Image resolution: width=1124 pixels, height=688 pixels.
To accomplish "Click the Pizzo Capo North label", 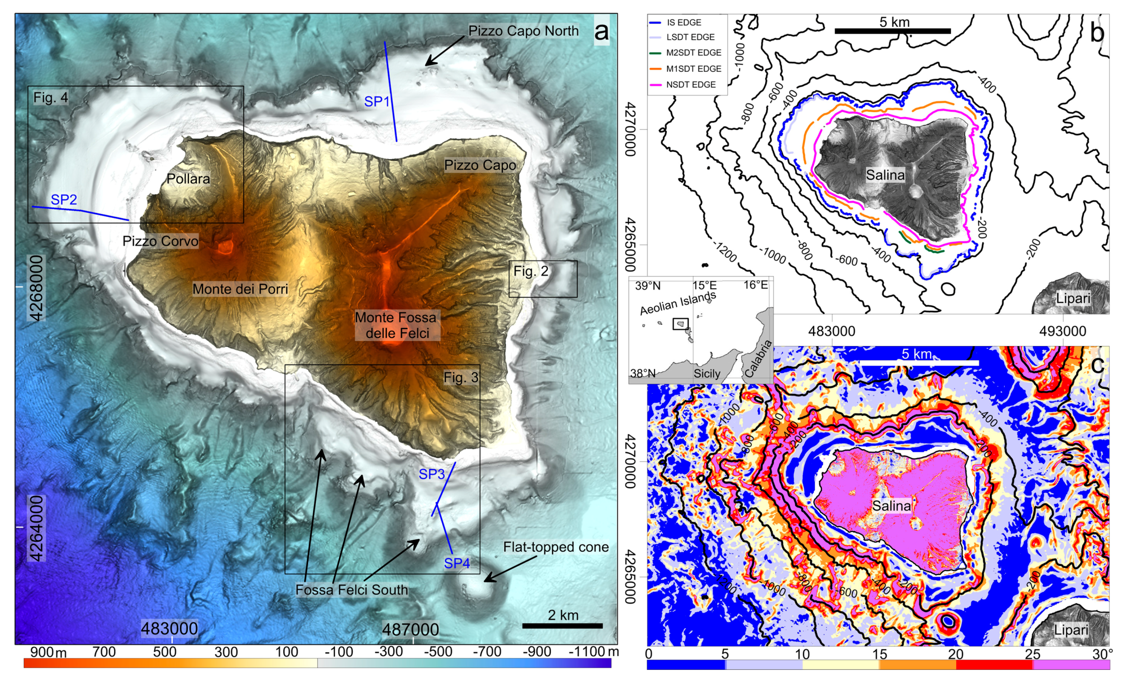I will tap(523, 31).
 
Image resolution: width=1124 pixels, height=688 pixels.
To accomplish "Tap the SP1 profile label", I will tap(376, 101).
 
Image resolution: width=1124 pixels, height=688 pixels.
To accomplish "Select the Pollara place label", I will tap(188, 179).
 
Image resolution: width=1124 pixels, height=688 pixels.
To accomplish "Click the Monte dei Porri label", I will tap(240, 289).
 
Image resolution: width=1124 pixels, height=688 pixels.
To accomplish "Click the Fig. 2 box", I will tap(543, 278).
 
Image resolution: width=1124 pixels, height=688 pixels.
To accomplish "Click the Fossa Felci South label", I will tap(351, 590).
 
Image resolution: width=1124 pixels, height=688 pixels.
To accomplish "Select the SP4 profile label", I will tap(457, 563).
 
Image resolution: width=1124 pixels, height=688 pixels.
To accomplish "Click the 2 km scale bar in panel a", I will tap(562, 625).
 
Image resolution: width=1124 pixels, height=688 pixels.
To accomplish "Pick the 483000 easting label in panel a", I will tap(169, 629).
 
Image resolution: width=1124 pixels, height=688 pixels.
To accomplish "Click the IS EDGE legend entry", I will tap(683, 22).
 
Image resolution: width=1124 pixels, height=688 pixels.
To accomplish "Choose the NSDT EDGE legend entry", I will tap(690, 84).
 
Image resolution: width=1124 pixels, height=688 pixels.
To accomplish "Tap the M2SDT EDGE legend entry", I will tap(693, 53).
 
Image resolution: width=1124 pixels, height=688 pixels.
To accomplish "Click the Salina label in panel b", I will tap(885, 175).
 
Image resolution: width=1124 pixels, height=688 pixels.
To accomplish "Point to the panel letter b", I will tap(1097, 33).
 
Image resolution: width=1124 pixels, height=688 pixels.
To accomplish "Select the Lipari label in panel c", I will tap(1071, 630).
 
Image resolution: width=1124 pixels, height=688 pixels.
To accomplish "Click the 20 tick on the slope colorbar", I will tap(955, 654).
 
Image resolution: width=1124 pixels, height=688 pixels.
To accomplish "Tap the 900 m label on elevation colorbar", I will tap(47, 652).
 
